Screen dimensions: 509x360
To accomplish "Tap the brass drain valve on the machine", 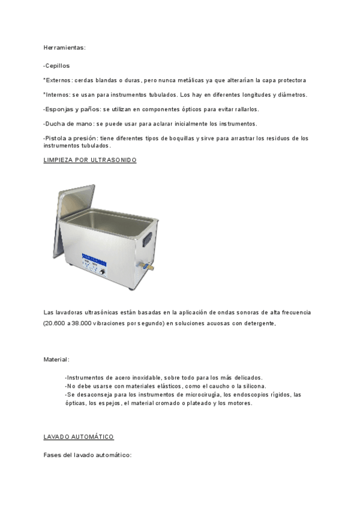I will [x=148, y=264].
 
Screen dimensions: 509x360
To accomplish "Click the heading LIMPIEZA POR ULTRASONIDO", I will [x=90, y=160].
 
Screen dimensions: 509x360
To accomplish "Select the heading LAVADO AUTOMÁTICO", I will [x=79, y=436].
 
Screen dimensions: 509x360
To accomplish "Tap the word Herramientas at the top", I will [x=64, y=47].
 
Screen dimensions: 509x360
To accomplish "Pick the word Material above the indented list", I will [x=56, y=359].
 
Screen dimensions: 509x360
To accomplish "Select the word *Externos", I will [x=58, y=80].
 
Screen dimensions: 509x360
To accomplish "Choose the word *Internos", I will [x=57, y=95].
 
